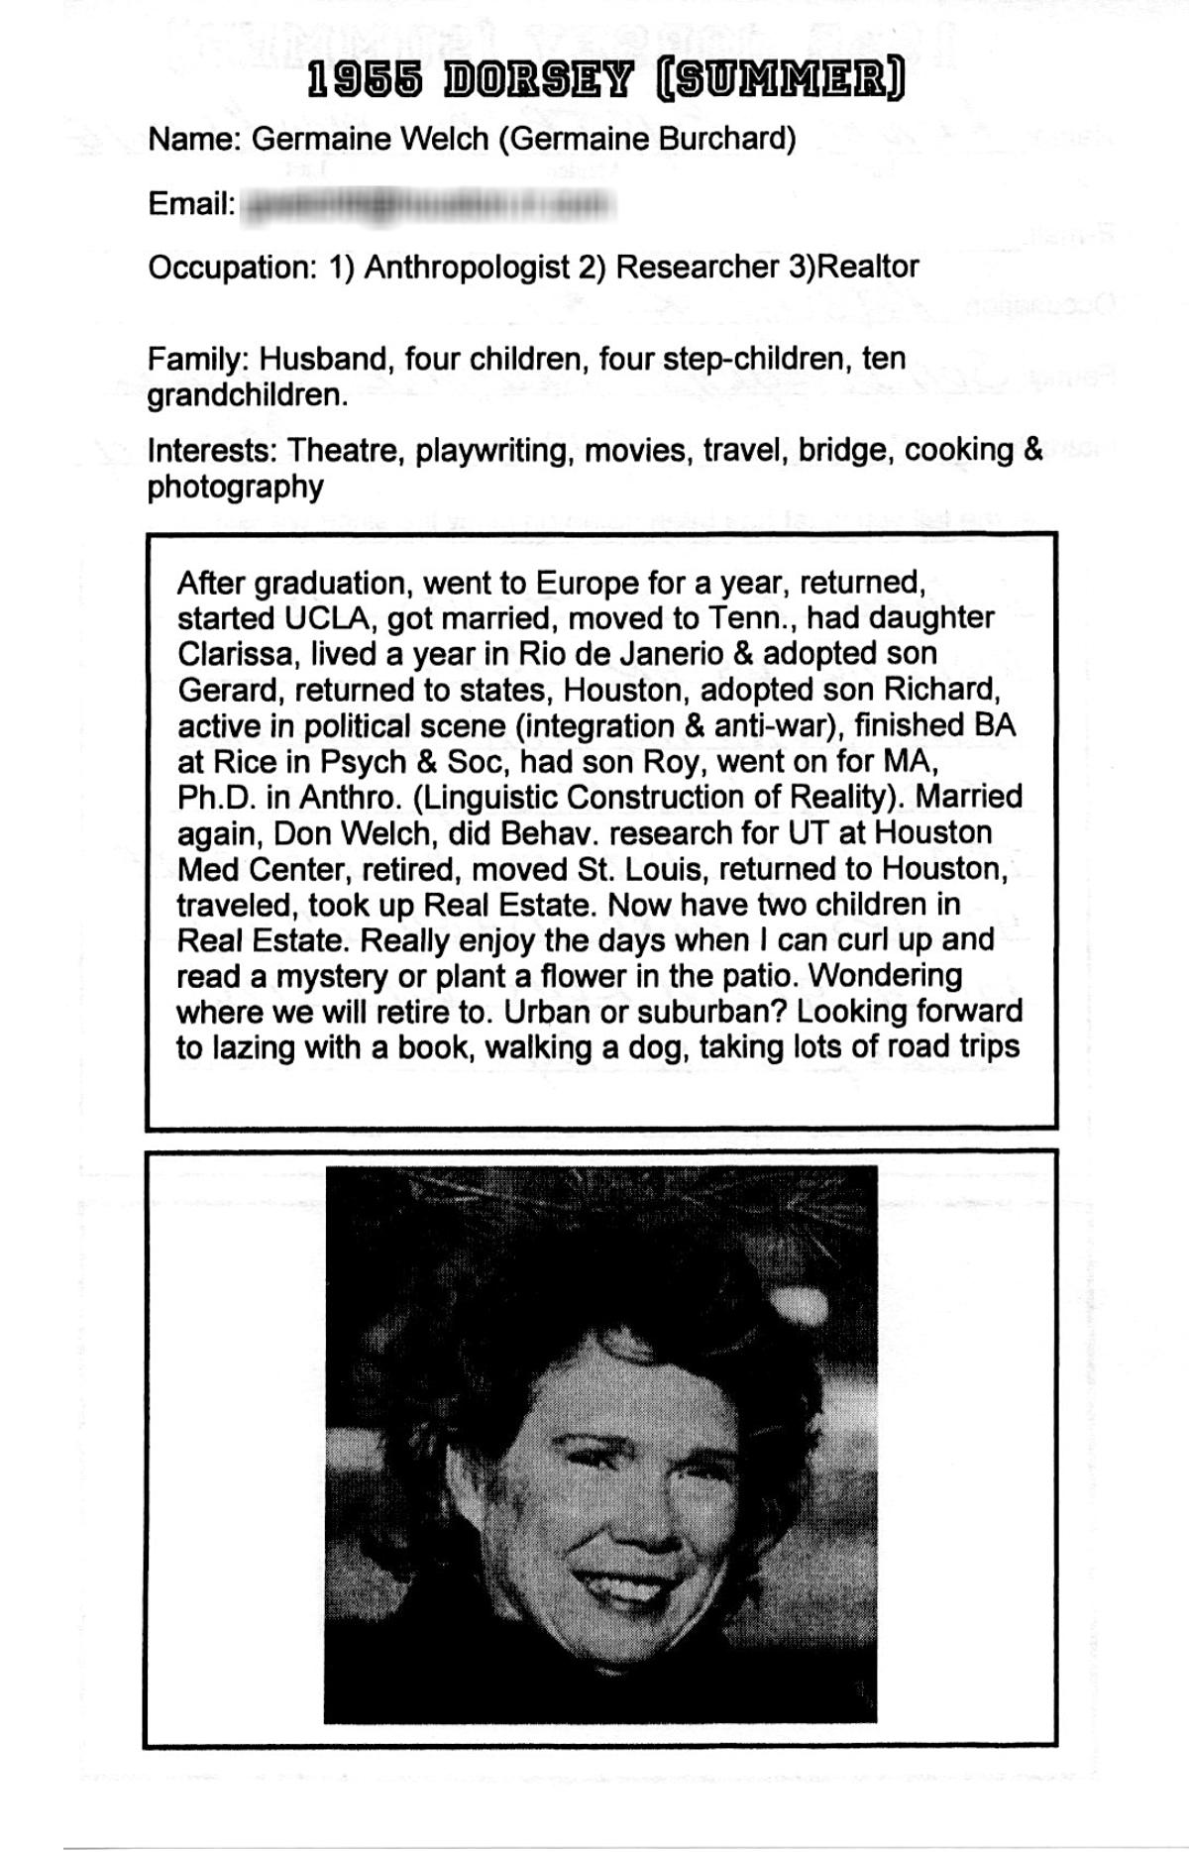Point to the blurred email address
(429, 205)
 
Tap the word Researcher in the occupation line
(698, 267)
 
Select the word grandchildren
(247, 395)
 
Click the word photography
(235, 488)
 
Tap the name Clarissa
(239, 654)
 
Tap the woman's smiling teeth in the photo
(611, 1586)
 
